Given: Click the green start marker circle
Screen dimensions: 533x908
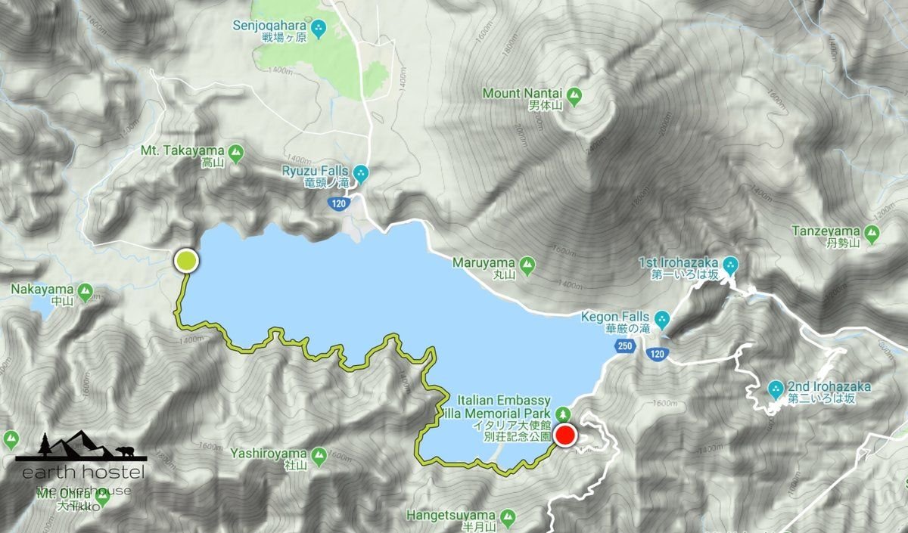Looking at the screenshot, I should point(186,261).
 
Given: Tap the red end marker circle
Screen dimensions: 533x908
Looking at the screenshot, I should point(565,435).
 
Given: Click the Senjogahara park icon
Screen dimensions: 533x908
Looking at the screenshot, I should point(319,29).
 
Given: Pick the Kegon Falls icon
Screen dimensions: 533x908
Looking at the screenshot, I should point(662,318).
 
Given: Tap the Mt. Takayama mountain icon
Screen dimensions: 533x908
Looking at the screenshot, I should point(236,151).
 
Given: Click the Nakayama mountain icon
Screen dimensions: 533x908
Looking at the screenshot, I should point(85,290).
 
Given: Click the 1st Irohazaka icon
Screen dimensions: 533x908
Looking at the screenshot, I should point(730,264).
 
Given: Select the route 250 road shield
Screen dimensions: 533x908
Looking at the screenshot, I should point(624,346).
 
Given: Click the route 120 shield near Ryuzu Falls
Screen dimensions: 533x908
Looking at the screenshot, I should point(338,203).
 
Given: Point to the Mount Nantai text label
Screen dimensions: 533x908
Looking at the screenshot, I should point(522,94).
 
